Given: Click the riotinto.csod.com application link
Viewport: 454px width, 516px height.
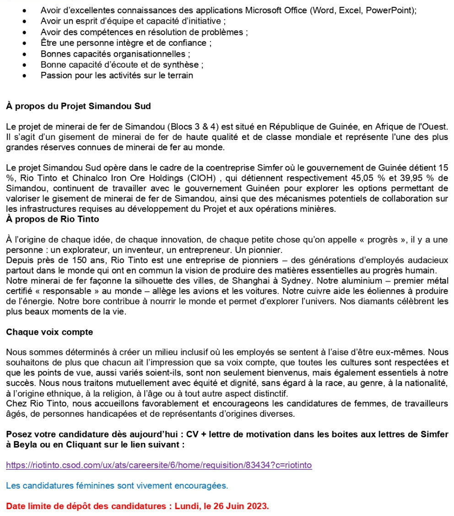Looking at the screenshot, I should click(159, 465).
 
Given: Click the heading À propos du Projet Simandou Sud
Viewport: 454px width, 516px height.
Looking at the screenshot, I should click(78, 106).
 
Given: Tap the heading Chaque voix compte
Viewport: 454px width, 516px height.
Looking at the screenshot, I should click(49, 332).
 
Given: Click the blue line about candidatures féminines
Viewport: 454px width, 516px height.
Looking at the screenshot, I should click(117, 485).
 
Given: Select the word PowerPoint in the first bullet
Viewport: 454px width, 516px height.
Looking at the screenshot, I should click(392, 11).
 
